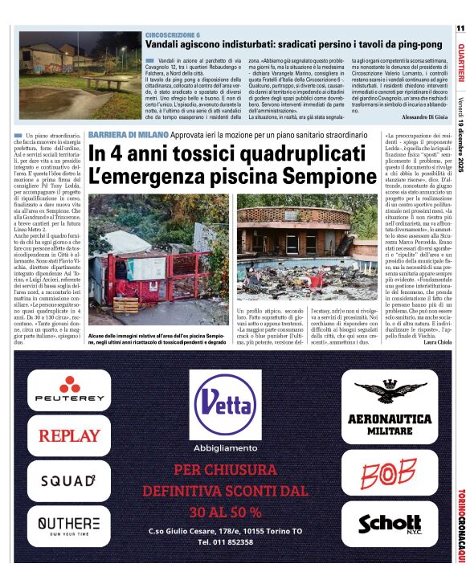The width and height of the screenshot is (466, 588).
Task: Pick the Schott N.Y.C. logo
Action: coord(389,525)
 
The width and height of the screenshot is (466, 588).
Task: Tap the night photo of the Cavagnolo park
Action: coord(80,73)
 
